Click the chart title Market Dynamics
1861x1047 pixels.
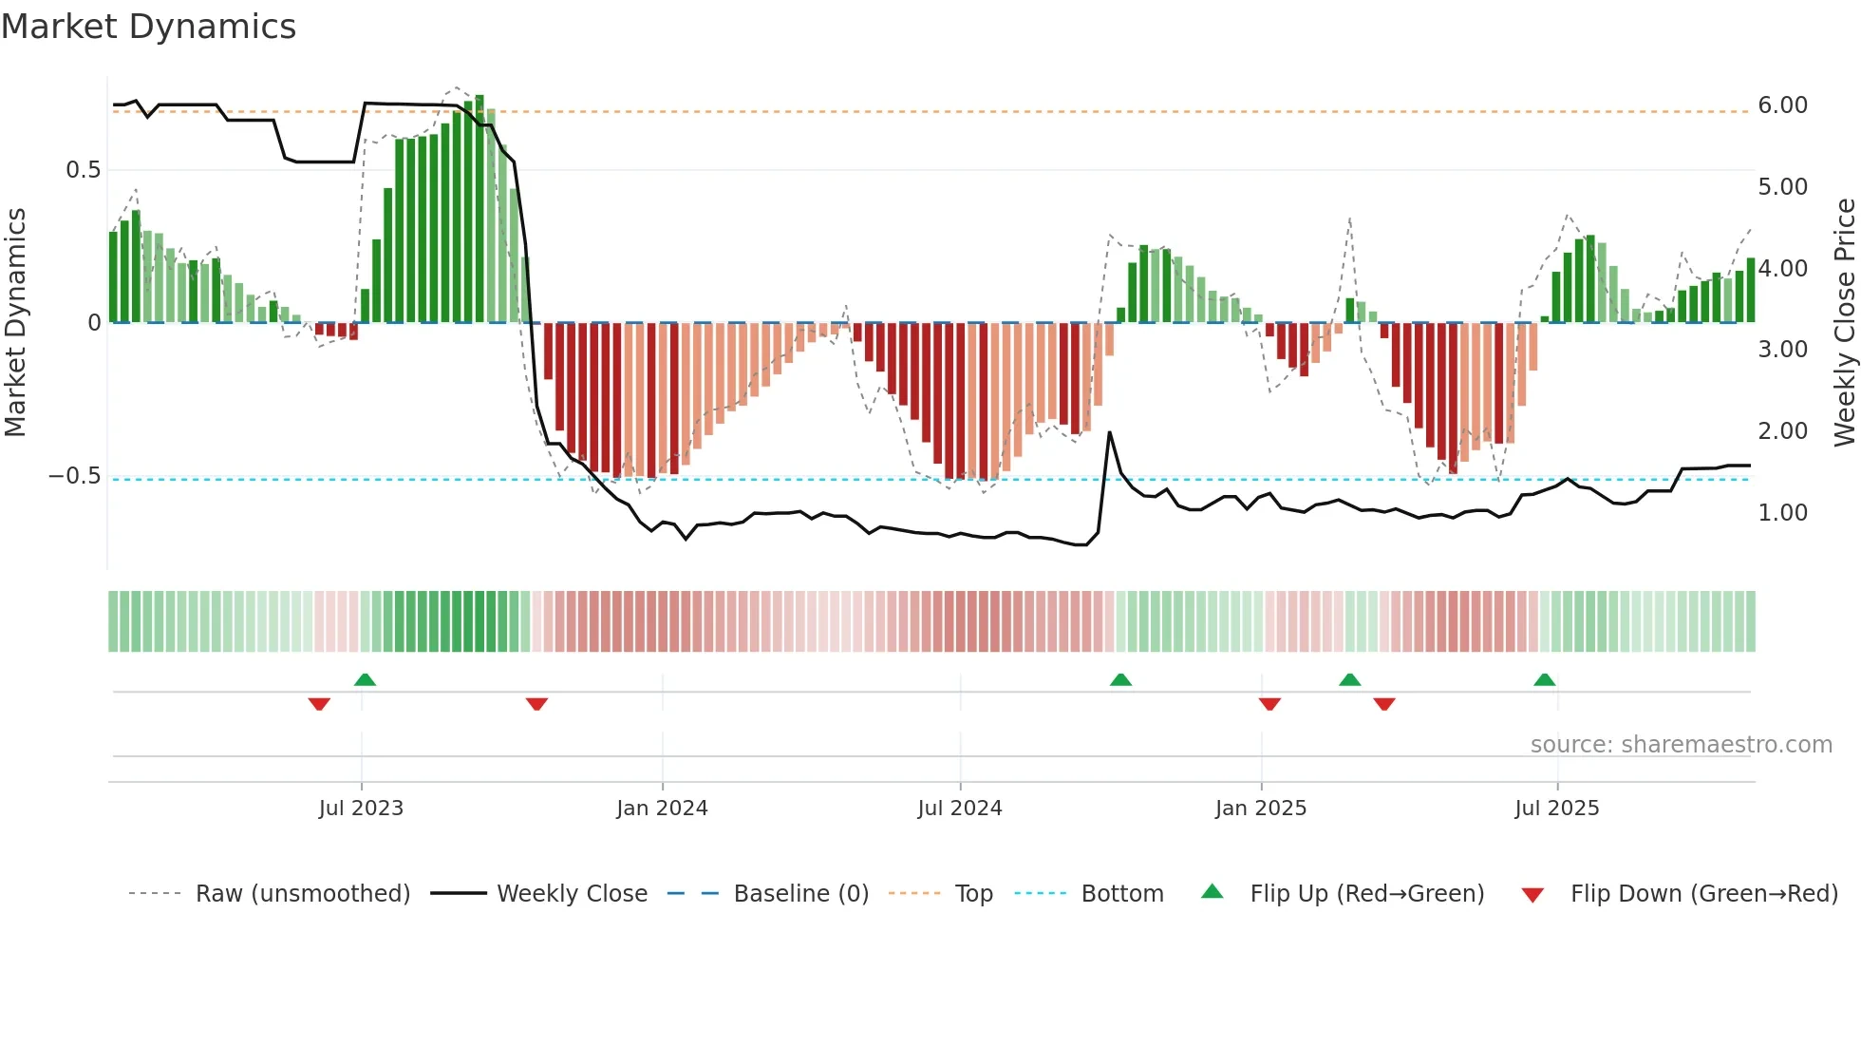[149, 27]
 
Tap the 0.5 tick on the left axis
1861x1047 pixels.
[83, 170]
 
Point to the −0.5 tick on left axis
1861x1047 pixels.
[75, 476]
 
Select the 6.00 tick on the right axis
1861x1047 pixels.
[1782, 105]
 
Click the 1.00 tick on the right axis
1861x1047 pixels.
[1782, 513]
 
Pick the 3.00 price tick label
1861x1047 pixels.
[1782, 350]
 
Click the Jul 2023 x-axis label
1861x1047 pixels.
[361, 809]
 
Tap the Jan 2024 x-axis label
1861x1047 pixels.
[662, 809]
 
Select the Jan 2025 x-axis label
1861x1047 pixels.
[1260, 809]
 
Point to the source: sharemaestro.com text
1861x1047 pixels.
[1681, 745]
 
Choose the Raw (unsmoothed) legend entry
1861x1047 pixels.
[302, 894]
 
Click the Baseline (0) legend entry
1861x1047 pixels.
[800, 894]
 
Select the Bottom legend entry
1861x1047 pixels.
[1121, 894]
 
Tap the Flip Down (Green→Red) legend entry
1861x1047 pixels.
[1703, 894]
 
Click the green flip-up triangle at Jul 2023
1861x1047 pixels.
[365, 679]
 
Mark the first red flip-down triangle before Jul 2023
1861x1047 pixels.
[319, 704]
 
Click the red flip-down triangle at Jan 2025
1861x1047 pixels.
[1269, 704]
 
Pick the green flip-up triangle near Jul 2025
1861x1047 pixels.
[1544, 679]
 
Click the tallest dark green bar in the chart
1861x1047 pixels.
[479, 209]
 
